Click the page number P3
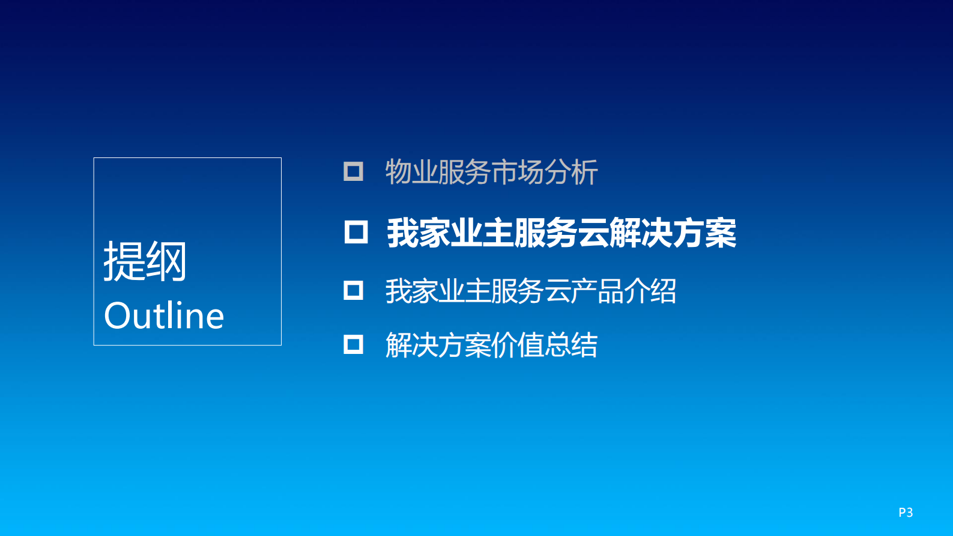906,513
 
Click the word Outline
164,316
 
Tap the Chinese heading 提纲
145,261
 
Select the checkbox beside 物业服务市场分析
353,171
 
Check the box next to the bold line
355,232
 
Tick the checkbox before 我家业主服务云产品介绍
353,291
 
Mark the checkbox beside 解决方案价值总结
353,344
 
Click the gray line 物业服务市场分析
491,172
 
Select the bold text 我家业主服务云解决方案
561,233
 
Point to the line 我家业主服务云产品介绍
531,291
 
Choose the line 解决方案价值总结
491,346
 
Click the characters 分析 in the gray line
571,172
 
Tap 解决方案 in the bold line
673,233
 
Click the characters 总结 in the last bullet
571,346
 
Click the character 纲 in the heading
166,261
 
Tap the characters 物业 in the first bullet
411,172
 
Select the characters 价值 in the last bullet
518,346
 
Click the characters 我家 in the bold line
418,233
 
